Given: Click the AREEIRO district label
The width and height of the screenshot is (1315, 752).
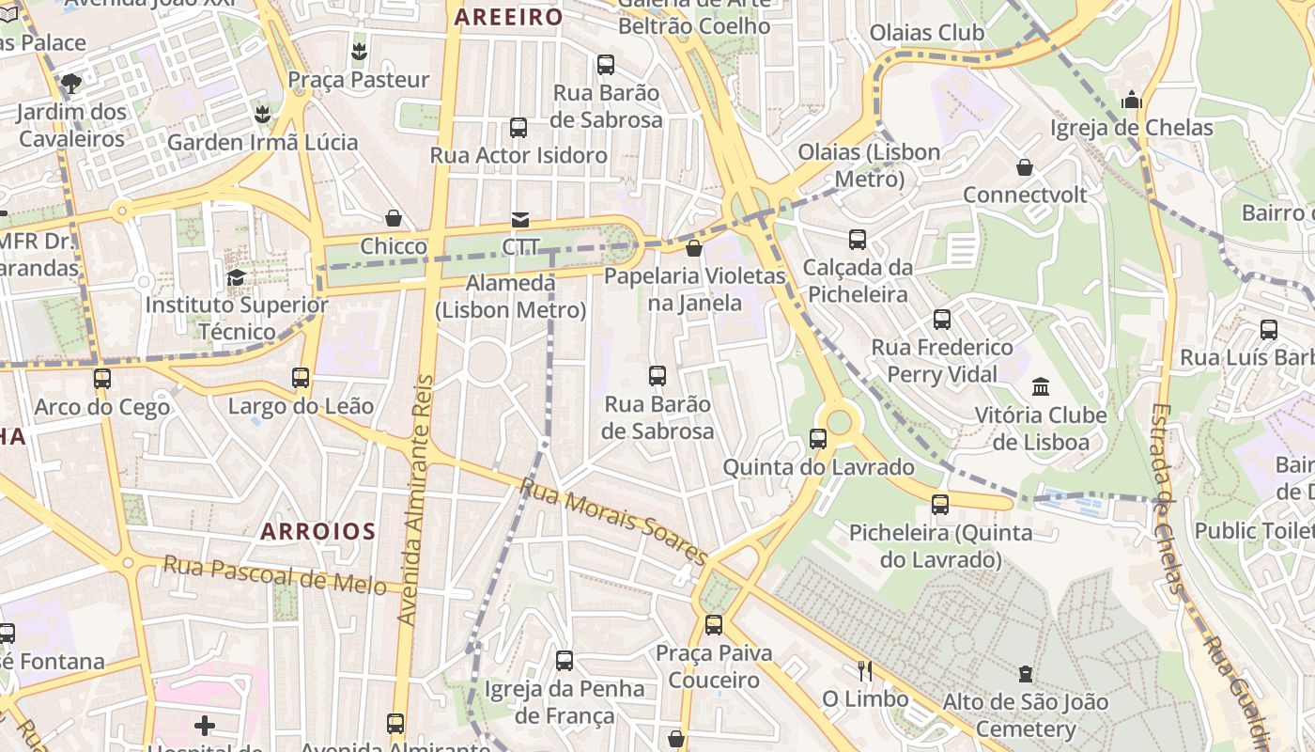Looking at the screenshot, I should click(x=508, y=17).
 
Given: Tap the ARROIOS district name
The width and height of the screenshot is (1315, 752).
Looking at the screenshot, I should click(x=318, y=531).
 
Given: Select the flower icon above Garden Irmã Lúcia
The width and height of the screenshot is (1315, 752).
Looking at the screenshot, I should click(x=262, y=115).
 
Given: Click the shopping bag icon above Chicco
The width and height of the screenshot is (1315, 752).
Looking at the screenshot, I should click(x=394, y=218).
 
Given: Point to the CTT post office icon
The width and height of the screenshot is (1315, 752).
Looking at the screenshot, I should click(x=519, y=220).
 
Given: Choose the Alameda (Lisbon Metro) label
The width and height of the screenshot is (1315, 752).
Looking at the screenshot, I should click(x=511, y=296).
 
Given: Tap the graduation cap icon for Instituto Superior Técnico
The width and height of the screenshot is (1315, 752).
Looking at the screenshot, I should click(x=236, y=277).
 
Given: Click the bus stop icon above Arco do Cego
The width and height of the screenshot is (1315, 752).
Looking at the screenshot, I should click(x=101, y=379).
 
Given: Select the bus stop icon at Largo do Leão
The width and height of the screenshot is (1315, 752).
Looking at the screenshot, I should click(x=301, y=378).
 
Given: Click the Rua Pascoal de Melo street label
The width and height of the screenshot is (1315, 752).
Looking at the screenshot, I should click(x=274, y=574).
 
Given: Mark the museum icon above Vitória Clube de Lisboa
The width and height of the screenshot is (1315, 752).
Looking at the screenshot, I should click(x=1041, y=386).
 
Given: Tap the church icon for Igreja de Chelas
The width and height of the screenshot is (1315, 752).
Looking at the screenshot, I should click(x=1132, y=100).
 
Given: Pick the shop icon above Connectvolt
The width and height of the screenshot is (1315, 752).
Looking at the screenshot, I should click(x=1025, y=167).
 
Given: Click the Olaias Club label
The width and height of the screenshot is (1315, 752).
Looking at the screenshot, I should click(x=926, y=33).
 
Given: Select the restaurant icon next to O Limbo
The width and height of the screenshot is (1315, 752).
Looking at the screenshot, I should click(x=865, y=670).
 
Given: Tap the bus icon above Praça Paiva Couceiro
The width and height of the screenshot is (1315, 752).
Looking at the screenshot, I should click(x=714, y=624).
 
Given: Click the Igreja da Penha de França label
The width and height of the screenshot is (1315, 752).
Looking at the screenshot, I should click(x=565, y=702).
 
